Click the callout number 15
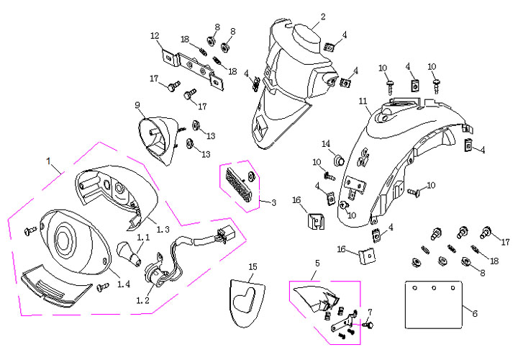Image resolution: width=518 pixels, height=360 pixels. coord(253,266)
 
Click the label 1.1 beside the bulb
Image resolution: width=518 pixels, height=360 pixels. coord(143,236)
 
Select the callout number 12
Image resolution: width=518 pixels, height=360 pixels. coord(155,35)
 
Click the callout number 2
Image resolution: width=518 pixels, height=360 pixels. coord(323,16)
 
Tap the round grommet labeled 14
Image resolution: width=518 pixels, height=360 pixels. coord(336,158)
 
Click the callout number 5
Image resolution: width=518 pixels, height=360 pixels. coord(316,264)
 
